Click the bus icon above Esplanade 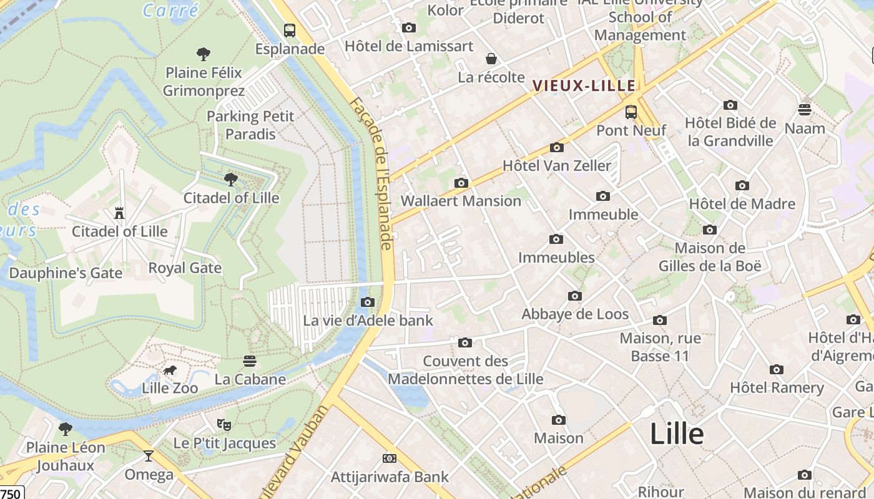tap(290, 29)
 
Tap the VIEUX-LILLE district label tap(584, 85)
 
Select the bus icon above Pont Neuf tap(631, 112)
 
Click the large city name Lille tap(677, 434)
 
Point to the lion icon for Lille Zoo tap(170, 371)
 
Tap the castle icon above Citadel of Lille tap(119, 213)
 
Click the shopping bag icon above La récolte tap(491, 59)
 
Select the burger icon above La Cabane tap(250, 361)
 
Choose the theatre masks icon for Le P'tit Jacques tap(224, 425)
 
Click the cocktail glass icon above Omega tap(148, 456)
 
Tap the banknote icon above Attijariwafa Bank tap(390, 459)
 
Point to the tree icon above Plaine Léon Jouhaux tap(65, 429)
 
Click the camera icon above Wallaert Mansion tap(461, 183)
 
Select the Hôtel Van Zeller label tap(557, 166)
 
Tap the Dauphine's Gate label tap(66, 273)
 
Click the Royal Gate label tap(185, 268)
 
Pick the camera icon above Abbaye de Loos tap(575, 296)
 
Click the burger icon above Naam tap(805, 110)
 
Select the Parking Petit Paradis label tap(250, 125)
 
